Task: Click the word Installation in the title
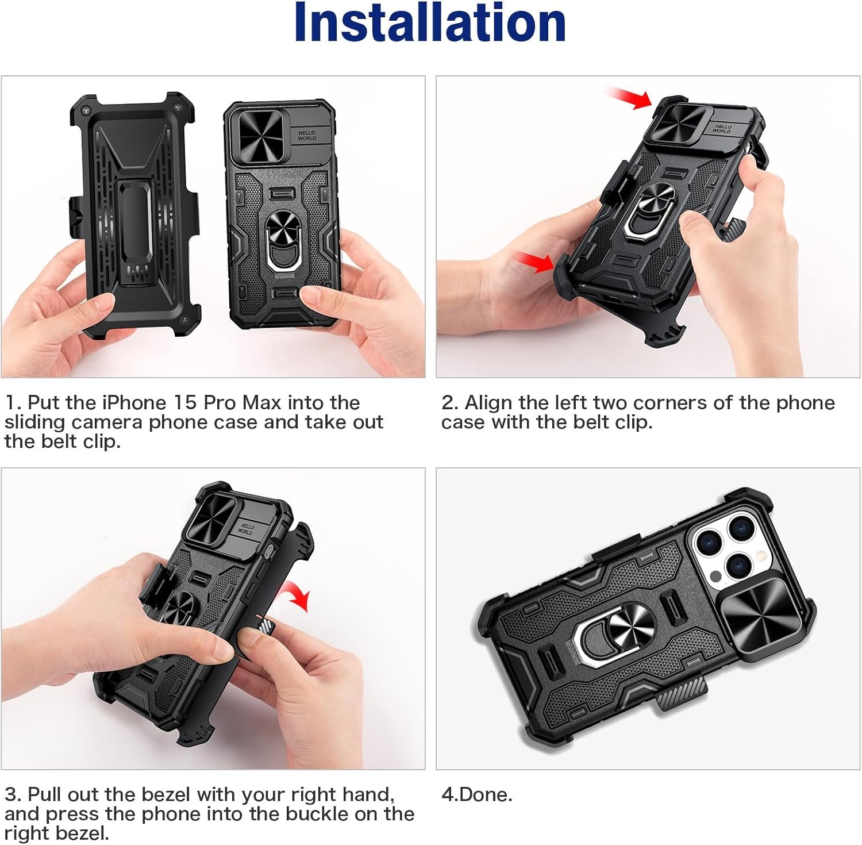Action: point(430,23)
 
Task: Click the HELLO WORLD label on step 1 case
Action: point(307,136)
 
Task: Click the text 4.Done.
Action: point(476,795)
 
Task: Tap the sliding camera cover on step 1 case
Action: point(260,132)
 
